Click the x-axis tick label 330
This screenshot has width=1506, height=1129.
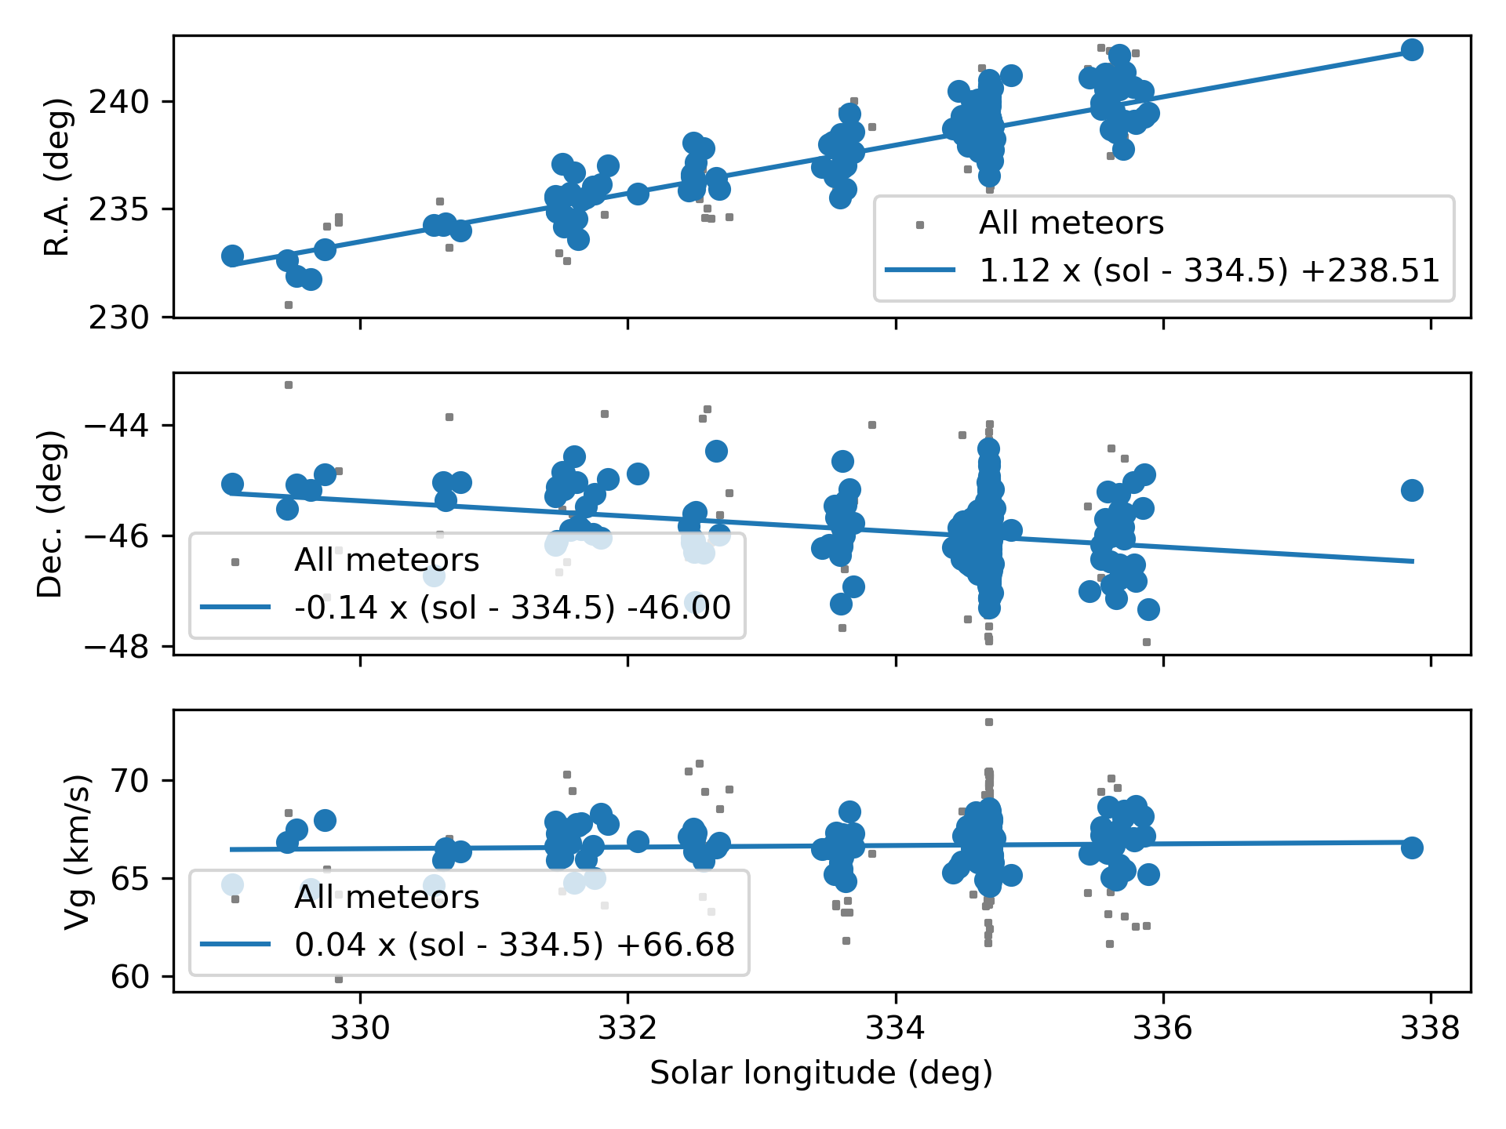click(x=360, y=1028)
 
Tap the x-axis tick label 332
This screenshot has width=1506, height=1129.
click(x=627, y=1028)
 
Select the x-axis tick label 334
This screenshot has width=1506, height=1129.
click(x=895, y=1028)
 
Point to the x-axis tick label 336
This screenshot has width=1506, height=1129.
click(x=1162, y=1028)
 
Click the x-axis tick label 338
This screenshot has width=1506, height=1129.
click(x=1430, y=1028)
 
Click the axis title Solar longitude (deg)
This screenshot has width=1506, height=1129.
click(x=821, y=1073)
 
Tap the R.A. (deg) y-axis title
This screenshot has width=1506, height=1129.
click(x=56, y=177)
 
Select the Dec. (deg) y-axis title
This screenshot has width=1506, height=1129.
click(x=51, y=514)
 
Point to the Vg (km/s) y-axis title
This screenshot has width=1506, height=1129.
click(x=76, y=851)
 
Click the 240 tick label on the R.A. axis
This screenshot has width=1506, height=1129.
click(x=118, y=102)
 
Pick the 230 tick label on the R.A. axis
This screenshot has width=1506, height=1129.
click(x=118, y=318)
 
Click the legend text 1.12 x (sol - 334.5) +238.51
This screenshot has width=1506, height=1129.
click(x=1210, y=271)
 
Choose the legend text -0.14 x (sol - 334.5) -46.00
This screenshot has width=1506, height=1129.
click(x=512, y=608)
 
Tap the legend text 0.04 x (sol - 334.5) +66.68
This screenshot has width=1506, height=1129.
click(x=515, y=945)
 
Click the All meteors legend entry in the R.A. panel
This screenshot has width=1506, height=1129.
click(x=1071, y=223)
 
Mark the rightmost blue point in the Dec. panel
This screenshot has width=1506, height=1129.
click(x=1412, y=491)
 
